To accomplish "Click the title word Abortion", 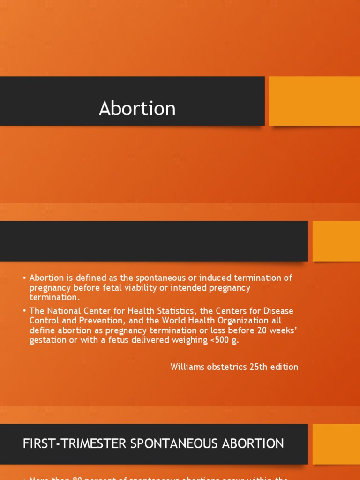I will (x=137, y=109).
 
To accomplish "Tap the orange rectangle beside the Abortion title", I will (x=314, y=101).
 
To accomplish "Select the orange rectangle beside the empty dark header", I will (x=336, y=241).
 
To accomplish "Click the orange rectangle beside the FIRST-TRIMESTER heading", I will (x=336, y=444).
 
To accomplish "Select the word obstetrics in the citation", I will (x=228, y=367).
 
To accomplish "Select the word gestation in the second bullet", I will (x=47, y=340).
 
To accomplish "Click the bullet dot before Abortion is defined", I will (x=24, y=278).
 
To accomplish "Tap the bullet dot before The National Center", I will (x=24, y=312).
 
